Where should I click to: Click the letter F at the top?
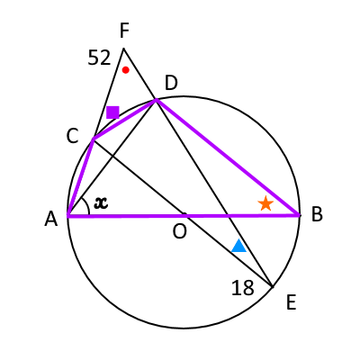click(x=124, y=31)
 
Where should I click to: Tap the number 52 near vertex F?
click(x=99, y=58)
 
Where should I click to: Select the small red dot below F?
click(x=126, y=70)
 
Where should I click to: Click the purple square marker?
click(x=112, y=112)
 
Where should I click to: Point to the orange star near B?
click(x=265, y=203)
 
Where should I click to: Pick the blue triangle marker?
click(x=239, y=246)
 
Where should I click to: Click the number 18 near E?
click(x=243, y=288)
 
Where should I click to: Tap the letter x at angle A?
click(x=101, y=202)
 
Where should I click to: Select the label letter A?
click(x=51, y=219)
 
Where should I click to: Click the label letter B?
click(x=317, y=215)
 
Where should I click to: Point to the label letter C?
click(x=72, y=136)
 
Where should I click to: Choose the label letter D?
click(x=171, y=83)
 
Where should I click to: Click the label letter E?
click(x=292, y=302)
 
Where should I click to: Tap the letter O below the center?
click(x=180, y=231)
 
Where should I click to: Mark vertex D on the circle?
click(x=156, y=99)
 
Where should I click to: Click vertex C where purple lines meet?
click(x=94, y=139)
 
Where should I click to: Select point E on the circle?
click(x=272, y=287)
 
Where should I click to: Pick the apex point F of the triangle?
click(x=123, y=48)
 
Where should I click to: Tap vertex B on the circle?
click(x=300, y=215)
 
